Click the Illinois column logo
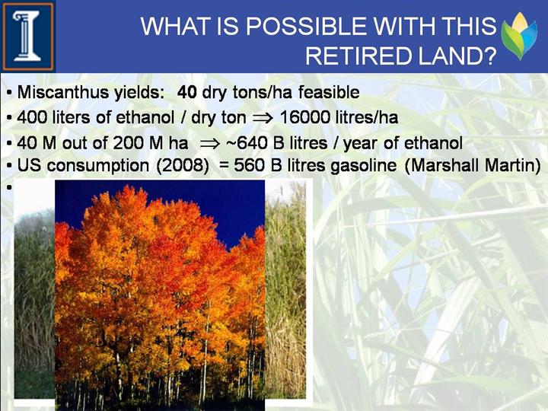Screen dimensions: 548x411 tap(27, 37)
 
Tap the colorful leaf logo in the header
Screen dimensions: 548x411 tap(519, 36)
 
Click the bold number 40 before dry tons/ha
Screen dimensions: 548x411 tap(187, 92)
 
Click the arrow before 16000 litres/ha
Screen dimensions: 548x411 tap(263, 118)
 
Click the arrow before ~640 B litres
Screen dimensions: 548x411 tap(210, 144)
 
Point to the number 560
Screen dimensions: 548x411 tap(248, 165)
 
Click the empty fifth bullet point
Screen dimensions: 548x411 tap(9, 186)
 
